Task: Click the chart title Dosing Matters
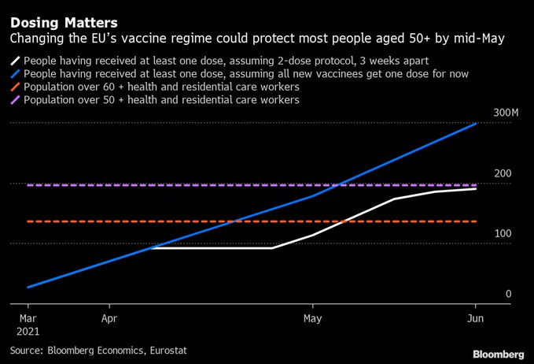64,22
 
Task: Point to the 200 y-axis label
503,174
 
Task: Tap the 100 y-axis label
503,234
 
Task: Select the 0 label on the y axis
509,294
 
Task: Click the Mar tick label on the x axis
28,320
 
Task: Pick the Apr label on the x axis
109,320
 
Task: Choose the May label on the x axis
313,320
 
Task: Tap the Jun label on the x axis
475,320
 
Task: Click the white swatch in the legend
16,61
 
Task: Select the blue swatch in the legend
16,74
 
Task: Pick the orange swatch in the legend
16,87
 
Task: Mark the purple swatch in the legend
16,101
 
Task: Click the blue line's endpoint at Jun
475,124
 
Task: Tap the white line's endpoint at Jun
475,189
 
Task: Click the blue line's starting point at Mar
28,287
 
